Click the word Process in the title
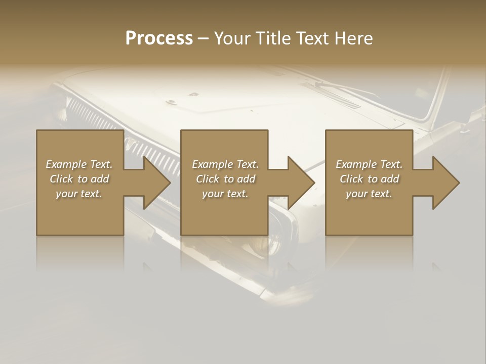pyautogui.click(x=159, y=38)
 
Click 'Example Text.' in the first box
pyautogui.click(x=79, y=164)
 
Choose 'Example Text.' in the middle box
pyautogui.click(x=225, y=164)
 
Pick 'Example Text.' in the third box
pyautogui.click(x=369, y=164)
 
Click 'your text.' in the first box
pyautogui.click(x=79, y=194)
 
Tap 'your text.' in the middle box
pyautogui.click(x=225, y=194)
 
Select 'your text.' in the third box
pyautogui.click(x=369, y=194)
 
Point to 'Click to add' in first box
pyautogui.click(x=79, y=179)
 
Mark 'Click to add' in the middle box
pyautogui.click(x=225, y=179)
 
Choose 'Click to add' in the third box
pyautogui.click(x=369, y=179)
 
